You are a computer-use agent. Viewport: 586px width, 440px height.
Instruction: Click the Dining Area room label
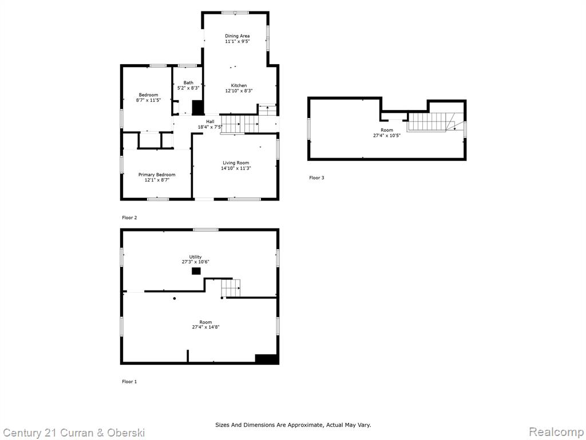(237, 36)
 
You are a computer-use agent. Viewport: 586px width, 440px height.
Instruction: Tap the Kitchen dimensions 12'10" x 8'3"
(239, 91)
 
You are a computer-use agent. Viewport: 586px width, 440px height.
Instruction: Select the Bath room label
(188, 82)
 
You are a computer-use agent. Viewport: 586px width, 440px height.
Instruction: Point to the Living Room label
(236, 163)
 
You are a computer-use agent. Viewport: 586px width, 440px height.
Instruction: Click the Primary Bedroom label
(157, 175)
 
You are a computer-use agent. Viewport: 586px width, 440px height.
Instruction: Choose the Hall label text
(211, 121)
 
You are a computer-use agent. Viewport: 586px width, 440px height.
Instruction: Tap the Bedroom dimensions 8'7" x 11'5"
(148, 100)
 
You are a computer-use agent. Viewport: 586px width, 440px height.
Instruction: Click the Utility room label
(196, 257)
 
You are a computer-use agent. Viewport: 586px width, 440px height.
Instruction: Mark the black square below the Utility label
(196, 271)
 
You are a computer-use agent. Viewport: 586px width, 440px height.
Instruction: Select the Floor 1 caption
(129, 382)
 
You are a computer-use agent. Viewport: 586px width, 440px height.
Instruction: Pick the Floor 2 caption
(129, 217)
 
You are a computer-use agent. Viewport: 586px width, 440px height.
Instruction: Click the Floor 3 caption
(316, 178)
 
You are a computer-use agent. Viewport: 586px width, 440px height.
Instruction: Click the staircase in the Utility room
(231, 288)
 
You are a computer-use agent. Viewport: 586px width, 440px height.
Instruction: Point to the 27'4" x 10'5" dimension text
(387, 135)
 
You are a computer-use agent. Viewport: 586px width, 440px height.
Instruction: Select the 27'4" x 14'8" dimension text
(205, 327)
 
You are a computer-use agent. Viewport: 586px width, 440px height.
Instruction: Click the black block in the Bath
(197, 107)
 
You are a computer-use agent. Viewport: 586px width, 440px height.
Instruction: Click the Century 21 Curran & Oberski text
(73, 433)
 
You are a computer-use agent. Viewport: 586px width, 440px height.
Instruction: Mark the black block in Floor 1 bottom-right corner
(267, 359)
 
